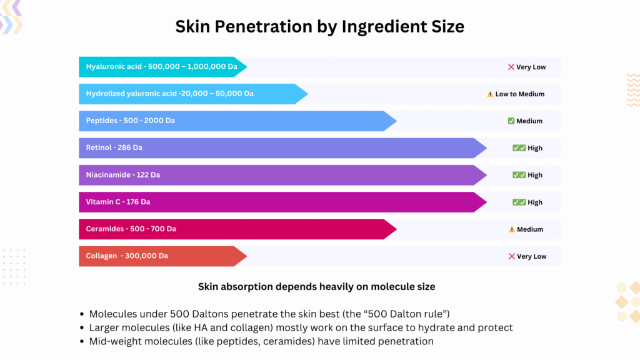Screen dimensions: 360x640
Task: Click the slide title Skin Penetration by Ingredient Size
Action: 319,26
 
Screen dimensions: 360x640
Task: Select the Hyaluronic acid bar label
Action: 157,67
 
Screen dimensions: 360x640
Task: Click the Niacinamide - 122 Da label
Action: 123,175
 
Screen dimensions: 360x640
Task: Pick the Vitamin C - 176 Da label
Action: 118,202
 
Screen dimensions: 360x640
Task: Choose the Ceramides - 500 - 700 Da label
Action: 131,229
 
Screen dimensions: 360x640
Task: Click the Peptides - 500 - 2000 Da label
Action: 131,121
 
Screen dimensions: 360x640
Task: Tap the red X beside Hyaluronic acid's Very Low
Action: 511,67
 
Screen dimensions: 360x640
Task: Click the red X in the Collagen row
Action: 511,256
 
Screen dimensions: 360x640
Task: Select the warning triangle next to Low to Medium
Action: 490,94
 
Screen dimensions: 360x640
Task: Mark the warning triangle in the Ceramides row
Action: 511,229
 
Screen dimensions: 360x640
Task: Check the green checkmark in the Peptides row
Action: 511,121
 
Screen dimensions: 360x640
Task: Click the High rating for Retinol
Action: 535,148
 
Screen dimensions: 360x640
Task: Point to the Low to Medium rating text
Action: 520,94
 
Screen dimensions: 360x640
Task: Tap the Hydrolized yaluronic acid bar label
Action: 169,94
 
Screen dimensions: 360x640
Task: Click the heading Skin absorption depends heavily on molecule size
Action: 317,287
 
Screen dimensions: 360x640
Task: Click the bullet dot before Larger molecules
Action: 82,328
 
